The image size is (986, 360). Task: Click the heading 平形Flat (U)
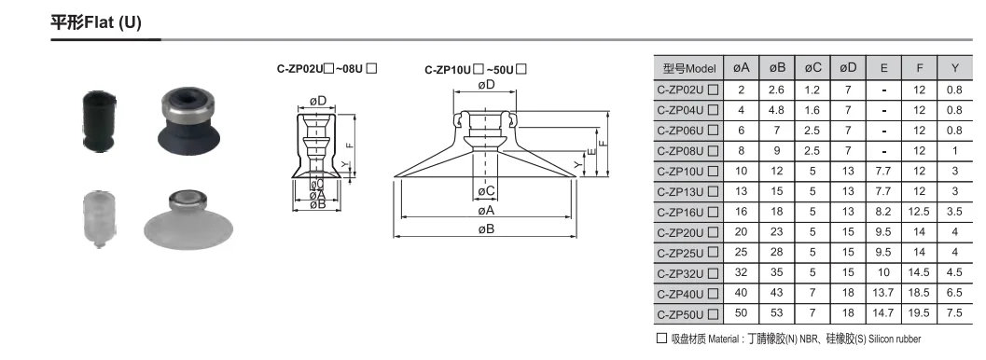[95, 22]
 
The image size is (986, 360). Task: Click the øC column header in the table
[812, 68]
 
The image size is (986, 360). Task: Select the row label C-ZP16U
[687, 212]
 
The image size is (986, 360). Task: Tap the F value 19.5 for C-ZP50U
[920, 312]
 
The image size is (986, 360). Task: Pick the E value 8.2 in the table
[883, 212]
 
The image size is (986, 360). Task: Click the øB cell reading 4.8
[777, 110]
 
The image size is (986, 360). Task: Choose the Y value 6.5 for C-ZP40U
[954, 293]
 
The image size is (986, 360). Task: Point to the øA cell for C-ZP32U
[742, 272]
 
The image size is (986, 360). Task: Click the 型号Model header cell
[689, 68]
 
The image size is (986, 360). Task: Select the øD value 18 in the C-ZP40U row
[848, 293]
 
